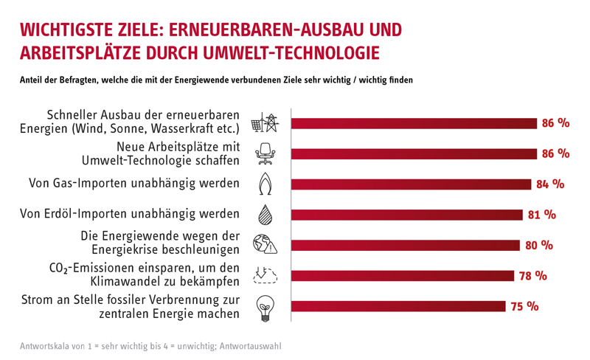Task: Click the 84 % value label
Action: coord(549,184)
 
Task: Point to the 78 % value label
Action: coord(532,276)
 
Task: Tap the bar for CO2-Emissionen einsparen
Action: coord(403,276)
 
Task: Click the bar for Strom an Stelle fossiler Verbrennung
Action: coord(399,306)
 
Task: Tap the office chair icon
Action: coord(264,154)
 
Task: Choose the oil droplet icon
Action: coord(265,215)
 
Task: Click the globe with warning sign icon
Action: coord(264,244)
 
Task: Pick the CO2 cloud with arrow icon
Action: coord(264,274)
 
